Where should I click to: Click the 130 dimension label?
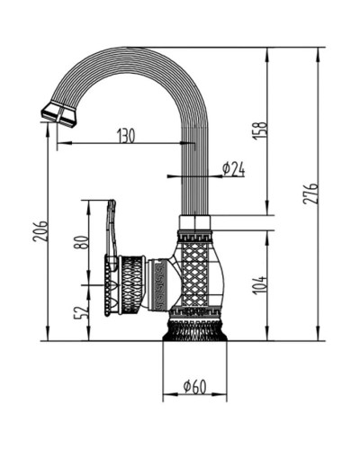[x=126, y=135]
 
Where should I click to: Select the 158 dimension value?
[x=260, y=130]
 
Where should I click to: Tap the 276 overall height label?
[x=310, y=193]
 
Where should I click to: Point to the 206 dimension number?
[x=40, y=231]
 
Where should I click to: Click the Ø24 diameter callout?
[x=233, y=169]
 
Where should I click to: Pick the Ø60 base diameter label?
[x=195, y=386]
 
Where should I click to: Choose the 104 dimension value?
[x=259, y=285]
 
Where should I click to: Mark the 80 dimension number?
[x=81, y=242]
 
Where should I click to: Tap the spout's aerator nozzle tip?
[x=58, y=114]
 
